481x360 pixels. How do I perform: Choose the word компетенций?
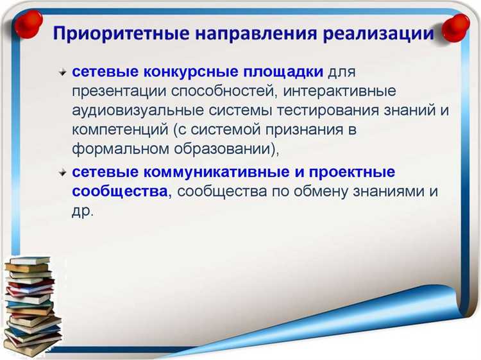pos(119,130)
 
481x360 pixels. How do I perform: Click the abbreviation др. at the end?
pos(82,211)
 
